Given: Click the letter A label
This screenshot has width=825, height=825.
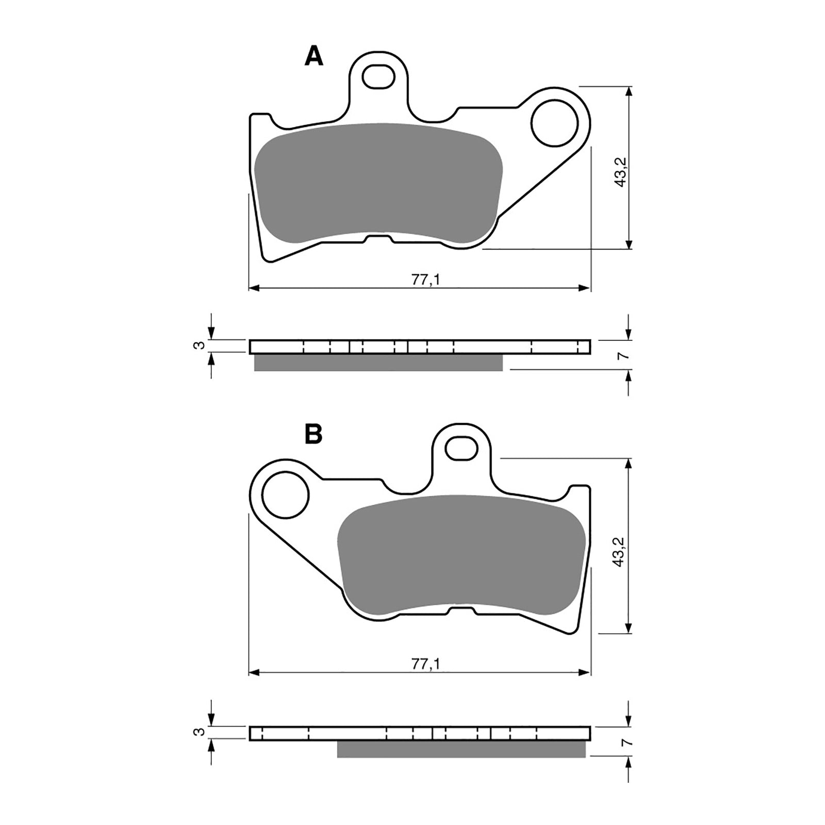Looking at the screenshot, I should (313, 56).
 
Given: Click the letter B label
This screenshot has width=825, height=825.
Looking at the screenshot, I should (313, 435).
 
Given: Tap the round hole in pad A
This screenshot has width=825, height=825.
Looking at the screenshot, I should (554, 123).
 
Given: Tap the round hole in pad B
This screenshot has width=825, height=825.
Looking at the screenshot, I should (285, 494).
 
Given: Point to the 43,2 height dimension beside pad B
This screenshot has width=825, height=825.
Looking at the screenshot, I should (620, 551).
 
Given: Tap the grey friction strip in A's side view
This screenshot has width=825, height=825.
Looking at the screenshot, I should (378, 363).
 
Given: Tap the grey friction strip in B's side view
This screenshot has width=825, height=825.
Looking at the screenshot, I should (461, 749).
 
